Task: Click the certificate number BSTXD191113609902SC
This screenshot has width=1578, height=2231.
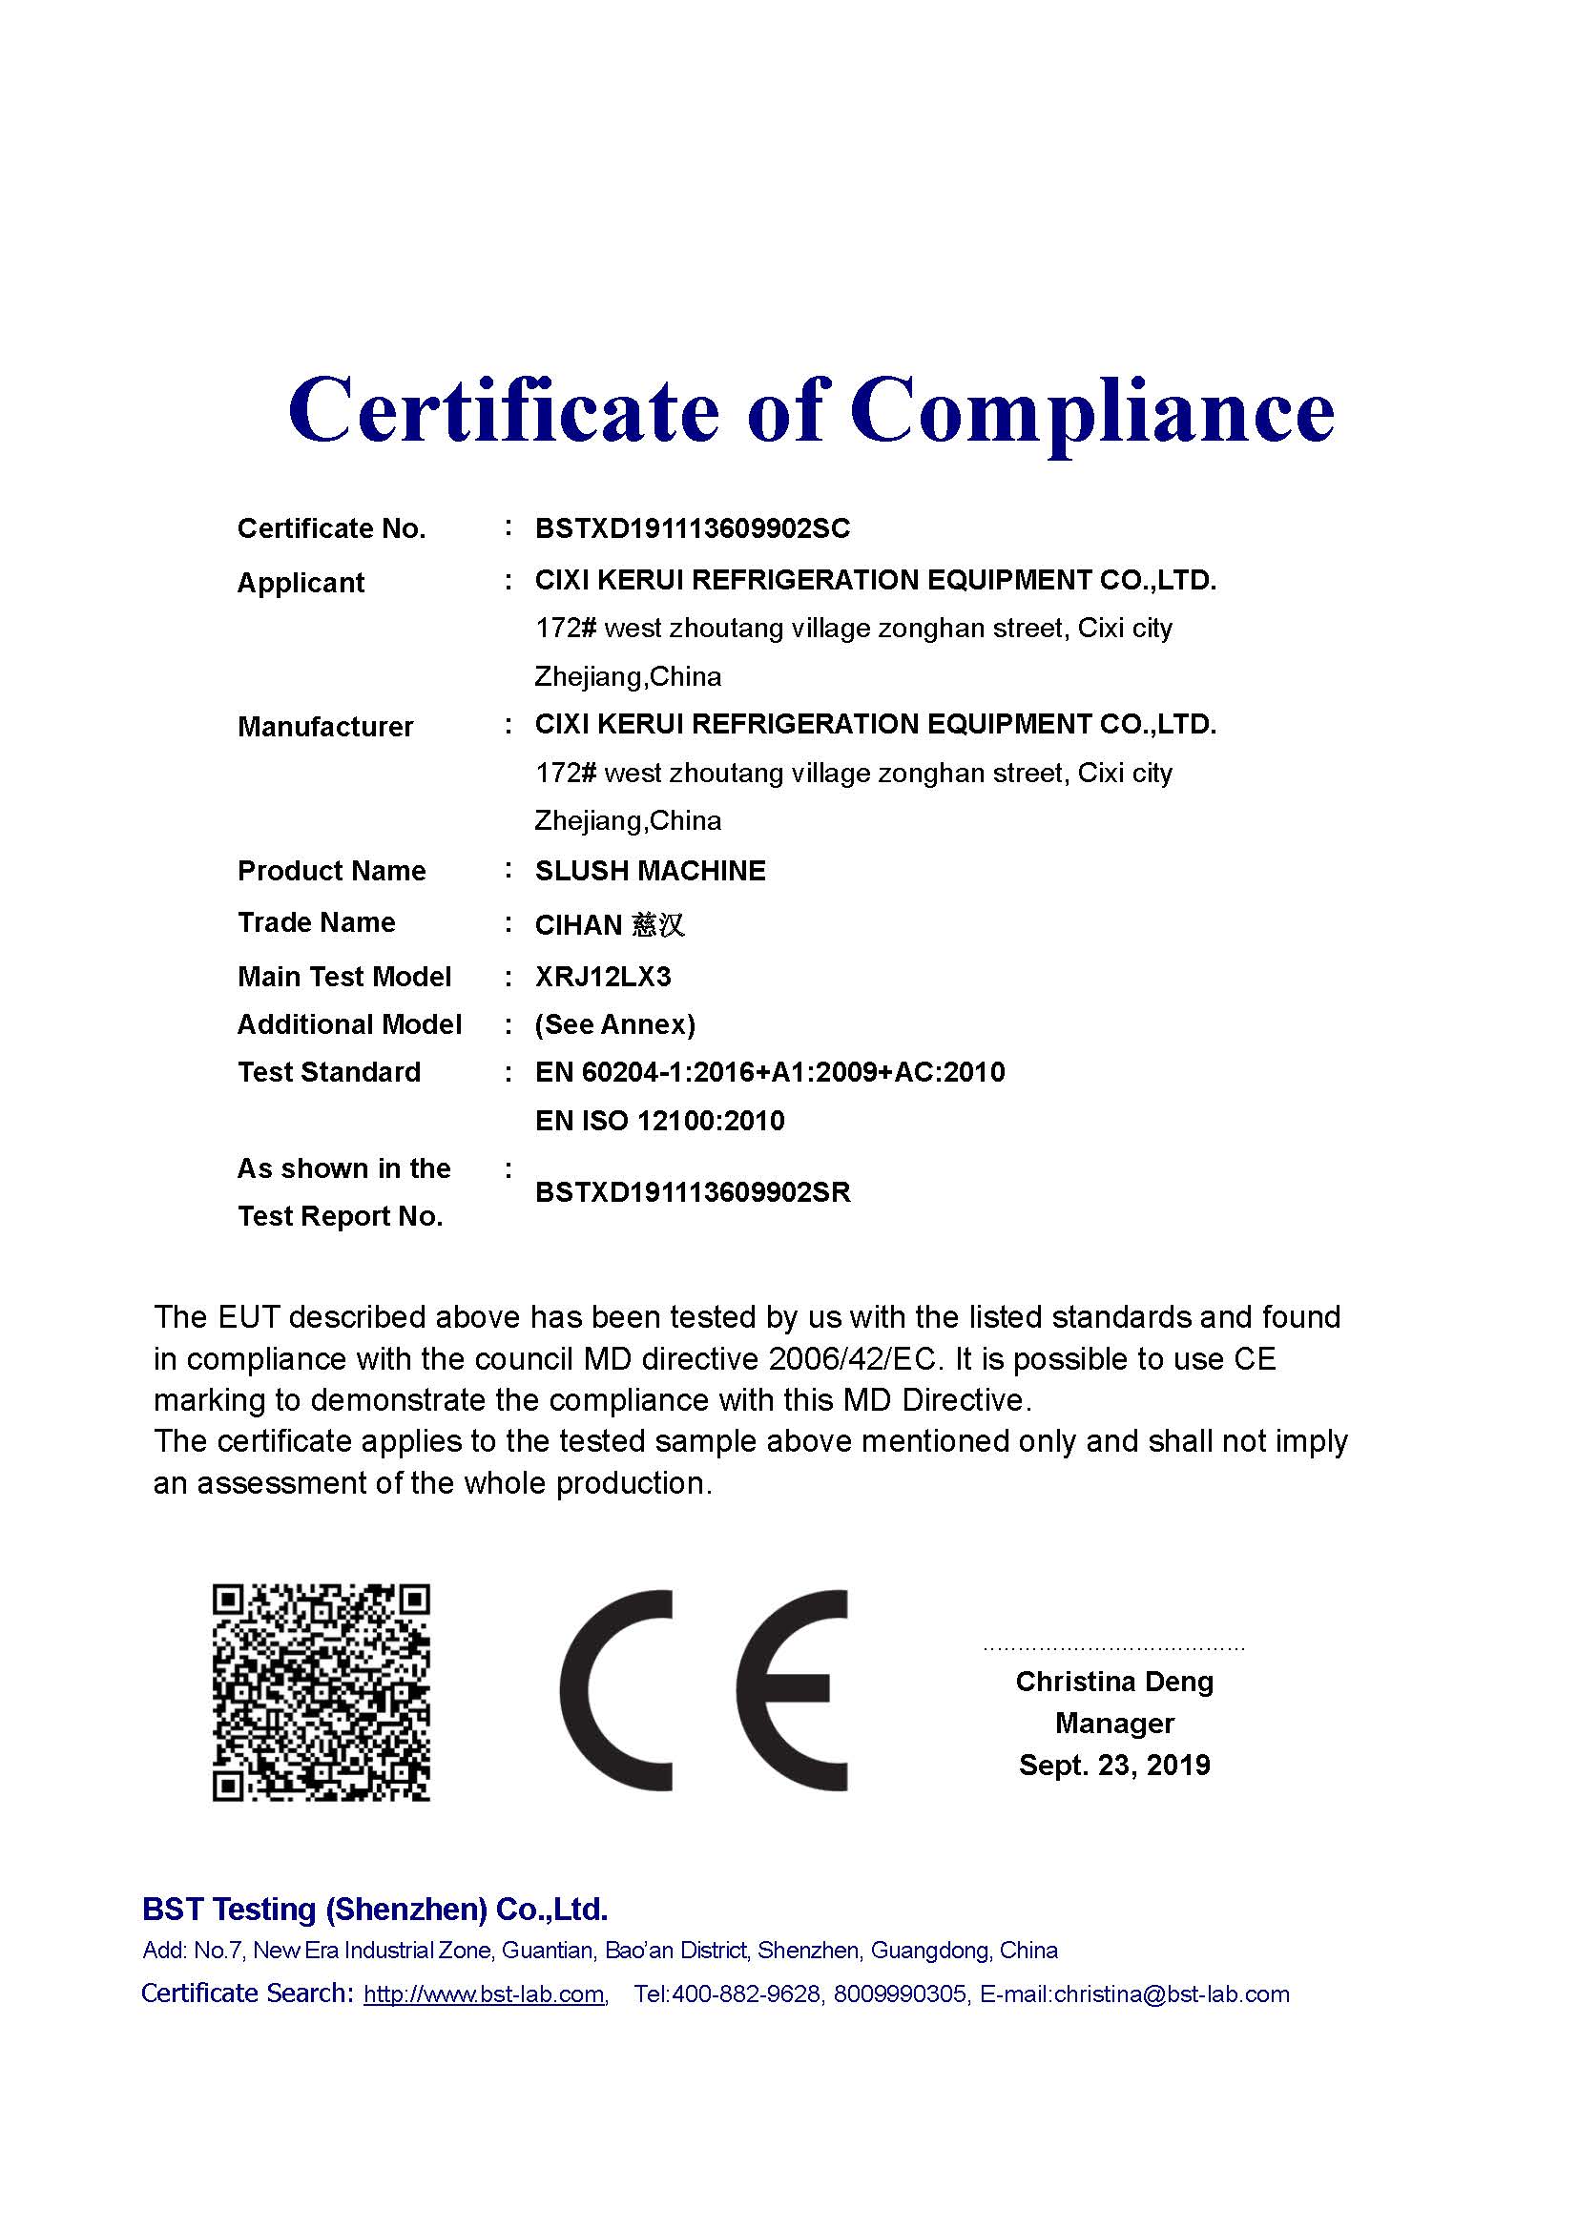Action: [692, 528]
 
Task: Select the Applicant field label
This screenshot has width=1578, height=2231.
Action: [301, 583]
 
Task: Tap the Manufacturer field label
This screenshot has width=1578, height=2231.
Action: [324, 727]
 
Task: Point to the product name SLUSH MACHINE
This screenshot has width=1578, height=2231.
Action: [650, 871]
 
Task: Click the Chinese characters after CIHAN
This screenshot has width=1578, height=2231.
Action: [658, 924]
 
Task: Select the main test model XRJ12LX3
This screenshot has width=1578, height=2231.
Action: [602, 977]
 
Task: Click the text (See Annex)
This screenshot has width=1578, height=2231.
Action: [615, 1024]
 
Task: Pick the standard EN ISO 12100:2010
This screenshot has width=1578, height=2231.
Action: [660, 1121]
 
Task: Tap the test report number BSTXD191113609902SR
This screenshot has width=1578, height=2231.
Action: [693, 1192]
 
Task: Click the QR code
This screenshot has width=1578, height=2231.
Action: [322, 1692]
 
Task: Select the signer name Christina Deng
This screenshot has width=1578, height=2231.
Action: [1114, 1681]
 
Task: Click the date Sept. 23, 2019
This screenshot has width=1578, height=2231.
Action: [1114, 1765]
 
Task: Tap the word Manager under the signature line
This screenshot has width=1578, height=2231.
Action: [1114, 1723]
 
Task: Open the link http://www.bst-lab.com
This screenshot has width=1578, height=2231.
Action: [484, 1993]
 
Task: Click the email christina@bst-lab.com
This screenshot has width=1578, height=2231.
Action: [1171, 1993]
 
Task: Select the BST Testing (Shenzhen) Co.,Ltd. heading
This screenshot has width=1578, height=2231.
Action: [375, 1910]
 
